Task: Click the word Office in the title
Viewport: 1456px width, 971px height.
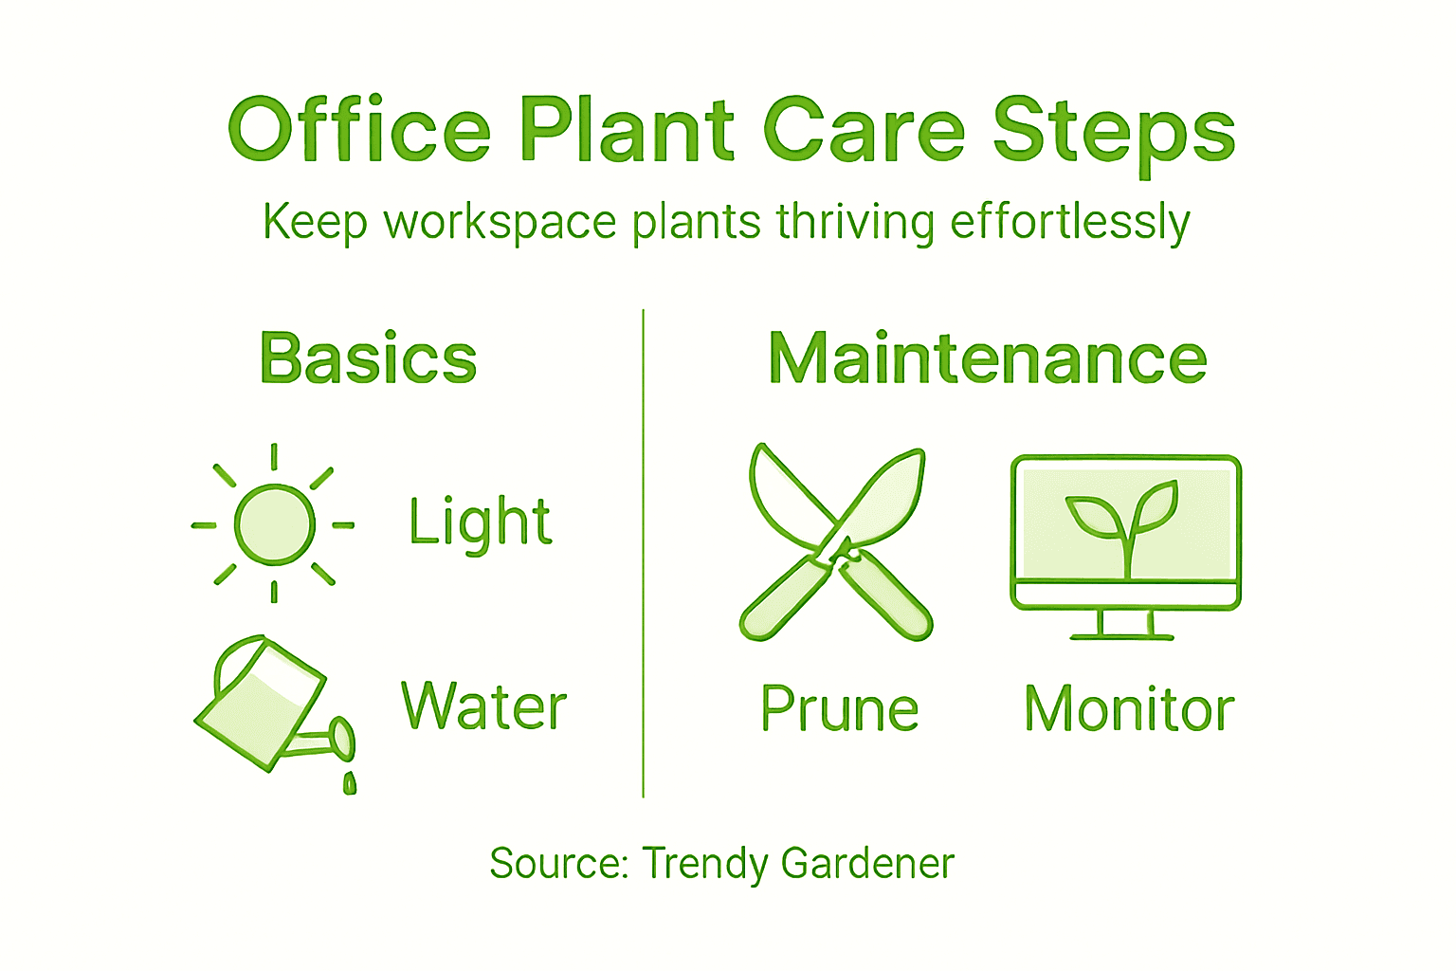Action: coord(359,129)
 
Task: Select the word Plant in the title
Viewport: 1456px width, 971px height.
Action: coord(627,129)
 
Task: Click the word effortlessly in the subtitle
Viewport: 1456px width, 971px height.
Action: coord(1069,223)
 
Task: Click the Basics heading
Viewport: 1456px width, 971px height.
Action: coord(368,358)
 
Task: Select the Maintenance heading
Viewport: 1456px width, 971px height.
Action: coord(988,358)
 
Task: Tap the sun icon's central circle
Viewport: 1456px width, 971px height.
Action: coord(274,524)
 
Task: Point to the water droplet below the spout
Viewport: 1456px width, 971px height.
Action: coord(350,782)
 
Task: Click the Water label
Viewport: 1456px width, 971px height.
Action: coord(483,706)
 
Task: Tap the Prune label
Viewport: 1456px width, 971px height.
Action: coord(840,709)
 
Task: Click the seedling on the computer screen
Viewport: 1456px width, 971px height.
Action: coord(1124,522)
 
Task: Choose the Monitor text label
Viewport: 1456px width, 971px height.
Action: coord(1129,709)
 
